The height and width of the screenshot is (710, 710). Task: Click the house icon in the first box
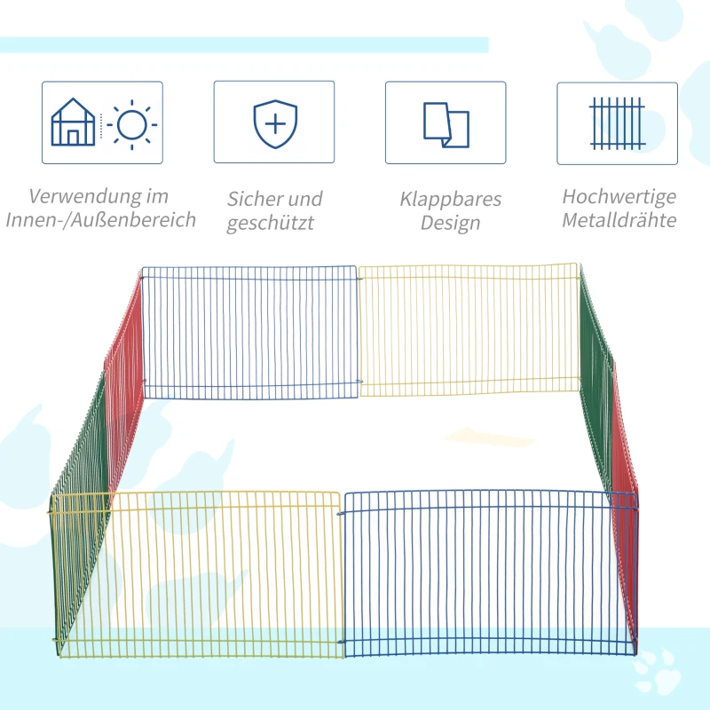click(73, 122)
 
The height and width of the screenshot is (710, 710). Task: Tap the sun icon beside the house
click(131, 124)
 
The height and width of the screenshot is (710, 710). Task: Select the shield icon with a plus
click(274, 123)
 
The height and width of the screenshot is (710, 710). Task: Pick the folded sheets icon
click(446, 124)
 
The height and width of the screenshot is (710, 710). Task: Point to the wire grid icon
click(617, 123)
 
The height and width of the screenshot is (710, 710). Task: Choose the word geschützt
click(270, 223)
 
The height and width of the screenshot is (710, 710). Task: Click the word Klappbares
click(450, 199)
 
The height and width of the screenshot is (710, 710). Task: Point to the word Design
click(450, 223)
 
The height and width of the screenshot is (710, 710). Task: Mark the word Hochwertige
click(619, 196)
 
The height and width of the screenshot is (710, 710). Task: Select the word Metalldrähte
click(619, 220)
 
